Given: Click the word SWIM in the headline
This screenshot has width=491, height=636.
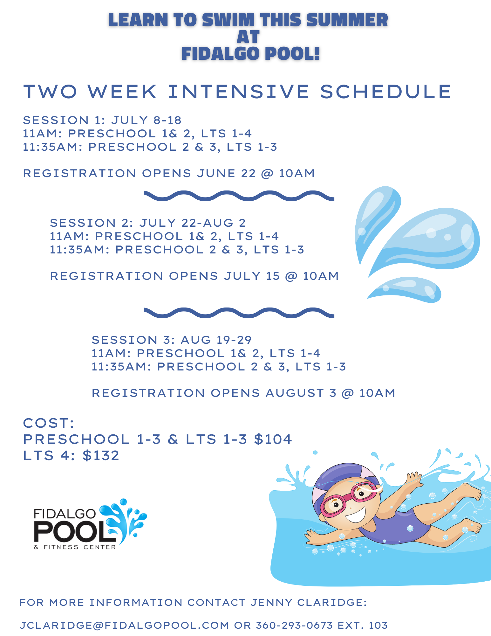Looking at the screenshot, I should point(228,20).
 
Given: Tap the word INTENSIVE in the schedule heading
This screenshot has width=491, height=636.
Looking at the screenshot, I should point(239,92).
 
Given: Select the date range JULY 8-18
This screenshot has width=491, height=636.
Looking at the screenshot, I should point(146,120).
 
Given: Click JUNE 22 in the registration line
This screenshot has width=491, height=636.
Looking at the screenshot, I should point(226,173).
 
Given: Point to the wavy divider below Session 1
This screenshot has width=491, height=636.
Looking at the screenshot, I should point(239,196).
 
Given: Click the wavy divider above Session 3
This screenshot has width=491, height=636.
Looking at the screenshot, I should point(239,313).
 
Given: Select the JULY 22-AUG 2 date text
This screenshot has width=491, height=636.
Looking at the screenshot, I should point(193,223).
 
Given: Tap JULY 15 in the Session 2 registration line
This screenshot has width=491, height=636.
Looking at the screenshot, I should point(252,276).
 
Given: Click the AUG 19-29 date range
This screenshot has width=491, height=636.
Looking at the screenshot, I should point(216,340).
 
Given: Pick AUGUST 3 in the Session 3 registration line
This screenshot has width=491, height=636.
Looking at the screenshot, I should point(301,393).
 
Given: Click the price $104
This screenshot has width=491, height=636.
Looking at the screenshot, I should point(273,439).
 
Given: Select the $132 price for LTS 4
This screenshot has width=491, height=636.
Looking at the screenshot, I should point(101,456).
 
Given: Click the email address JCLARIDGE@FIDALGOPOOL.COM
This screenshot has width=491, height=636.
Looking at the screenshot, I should point(124,625).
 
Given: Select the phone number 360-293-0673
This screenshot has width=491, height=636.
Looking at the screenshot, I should point(294,625).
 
